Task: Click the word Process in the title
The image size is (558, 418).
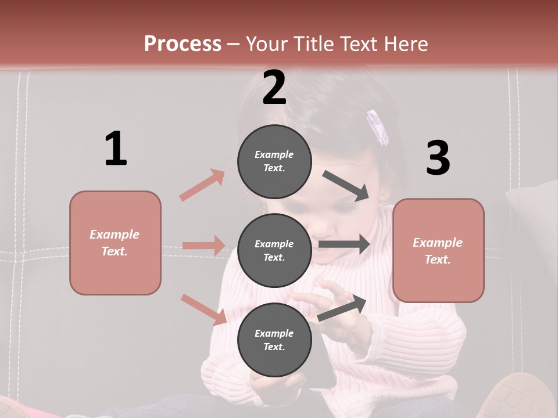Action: (183, 44)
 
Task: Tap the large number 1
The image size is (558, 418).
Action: (116, 149)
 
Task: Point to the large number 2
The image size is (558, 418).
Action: (274, 88)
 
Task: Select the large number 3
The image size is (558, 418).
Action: (438, 158)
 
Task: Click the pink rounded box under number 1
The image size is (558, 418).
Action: (115, 243)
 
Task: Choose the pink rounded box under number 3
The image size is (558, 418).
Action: (438, 250)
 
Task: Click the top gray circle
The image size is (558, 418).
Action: (274, 161)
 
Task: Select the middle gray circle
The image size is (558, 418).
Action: (274, 250)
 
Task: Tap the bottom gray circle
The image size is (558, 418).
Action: (274, 340)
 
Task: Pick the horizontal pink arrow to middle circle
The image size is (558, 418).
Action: (203, 246)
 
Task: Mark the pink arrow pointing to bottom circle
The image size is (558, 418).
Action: (203, 309)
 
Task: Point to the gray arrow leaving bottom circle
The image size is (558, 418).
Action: (342, 308)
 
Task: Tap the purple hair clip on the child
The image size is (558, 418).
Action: (377, 127)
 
